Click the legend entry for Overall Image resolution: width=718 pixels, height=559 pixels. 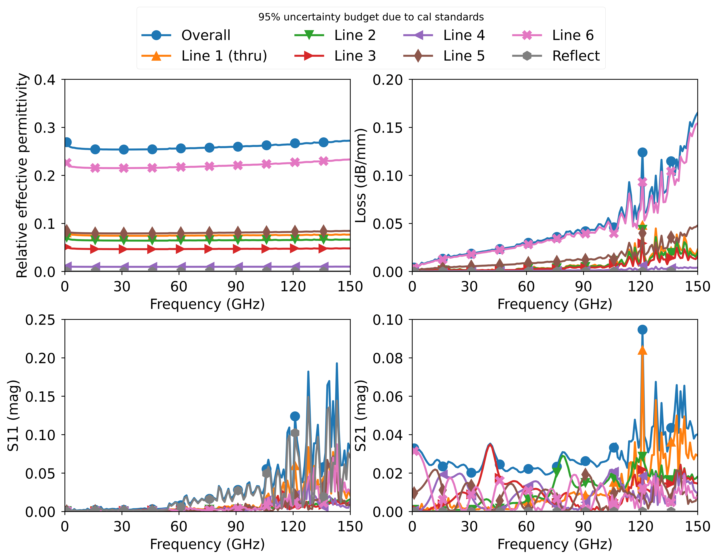coord(206,35)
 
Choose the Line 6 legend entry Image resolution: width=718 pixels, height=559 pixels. coord(573,35)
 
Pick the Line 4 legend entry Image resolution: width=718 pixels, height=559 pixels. coord(464,35)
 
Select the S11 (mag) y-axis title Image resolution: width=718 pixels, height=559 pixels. coord(13,415)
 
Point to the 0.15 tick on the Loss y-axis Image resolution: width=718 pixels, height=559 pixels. coord(387,128)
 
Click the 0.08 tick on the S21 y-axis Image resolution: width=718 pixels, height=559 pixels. coord(387,358)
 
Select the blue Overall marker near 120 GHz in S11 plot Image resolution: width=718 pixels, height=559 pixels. coord(295,416)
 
